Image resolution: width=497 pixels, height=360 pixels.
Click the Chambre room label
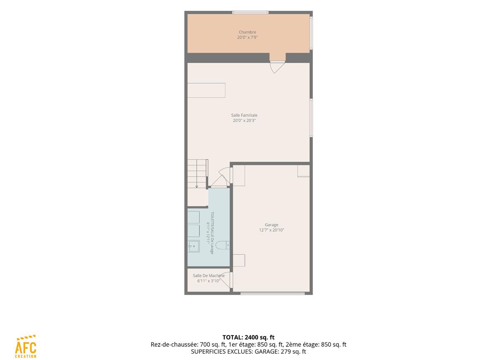pos(247,32)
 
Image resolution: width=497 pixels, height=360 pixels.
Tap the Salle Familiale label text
pos(244,115)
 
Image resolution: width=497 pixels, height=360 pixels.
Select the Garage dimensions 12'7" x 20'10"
pos(271,230)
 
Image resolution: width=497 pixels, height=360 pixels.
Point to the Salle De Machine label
pos(209,276)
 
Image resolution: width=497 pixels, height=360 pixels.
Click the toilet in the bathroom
pos(223,245)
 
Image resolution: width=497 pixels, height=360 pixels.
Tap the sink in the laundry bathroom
pos(194,246)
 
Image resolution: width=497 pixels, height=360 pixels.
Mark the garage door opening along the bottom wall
pos(273,293)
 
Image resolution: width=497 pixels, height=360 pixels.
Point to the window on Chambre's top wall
pos(251,12)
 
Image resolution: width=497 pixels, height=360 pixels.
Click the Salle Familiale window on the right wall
pos(311,118)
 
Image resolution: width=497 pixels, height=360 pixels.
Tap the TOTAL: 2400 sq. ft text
pos(248,337)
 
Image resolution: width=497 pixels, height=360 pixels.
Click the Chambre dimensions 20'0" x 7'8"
pos(247,38)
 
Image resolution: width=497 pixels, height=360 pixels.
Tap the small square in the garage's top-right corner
pos(304,171)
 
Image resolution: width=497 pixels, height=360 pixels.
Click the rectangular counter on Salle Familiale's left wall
pos(206,91)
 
